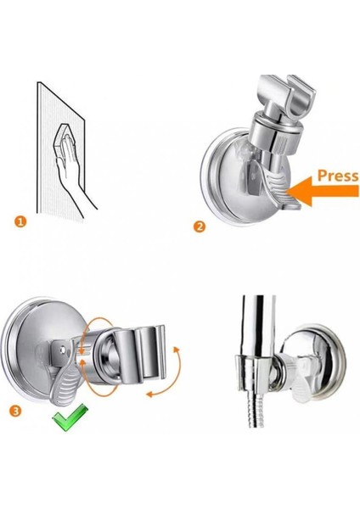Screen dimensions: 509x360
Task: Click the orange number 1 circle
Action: tap(20, 222)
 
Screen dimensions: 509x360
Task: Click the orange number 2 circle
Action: tap(200, 227)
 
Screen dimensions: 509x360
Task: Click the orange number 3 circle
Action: tap(16, 411)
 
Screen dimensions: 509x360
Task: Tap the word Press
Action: tap(337, 176)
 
